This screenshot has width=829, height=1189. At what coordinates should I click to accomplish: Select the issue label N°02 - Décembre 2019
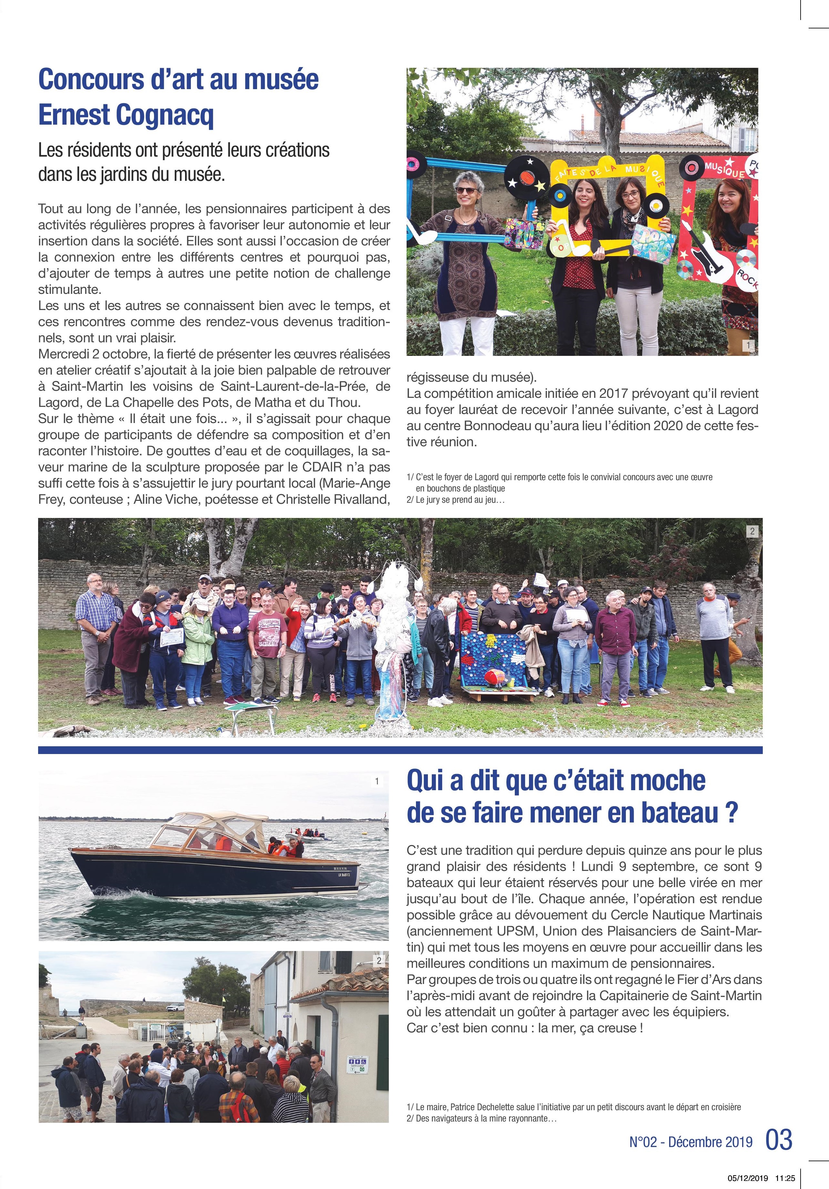(x=691, y=1142)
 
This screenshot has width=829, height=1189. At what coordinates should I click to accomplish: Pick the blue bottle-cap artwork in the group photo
(x=492, y=658)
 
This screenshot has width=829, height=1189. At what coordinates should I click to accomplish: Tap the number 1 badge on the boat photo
(x=377, y=781)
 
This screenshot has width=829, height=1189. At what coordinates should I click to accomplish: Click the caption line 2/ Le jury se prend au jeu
(x=456, y=500)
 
